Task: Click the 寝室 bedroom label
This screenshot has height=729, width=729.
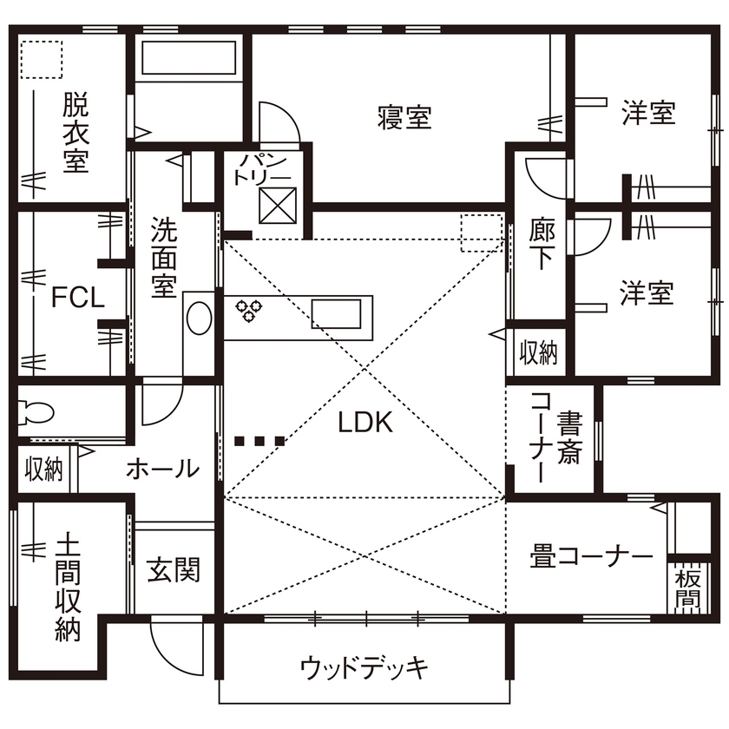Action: coord(404,117)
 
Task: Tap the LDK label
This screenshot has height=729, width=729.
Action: coord(365,423)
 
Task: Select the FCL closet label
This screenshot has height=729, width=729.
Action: coord(78,299)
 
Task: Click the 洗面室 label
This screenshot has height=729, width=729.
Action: coord(163,257)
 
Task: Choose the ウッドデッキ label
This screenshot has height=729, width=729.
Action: coord(364,667)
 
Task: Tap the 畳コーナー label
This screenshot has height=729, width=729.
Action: coord(591,556)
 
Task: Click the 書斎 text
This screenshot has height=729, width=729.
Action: coord(569,438)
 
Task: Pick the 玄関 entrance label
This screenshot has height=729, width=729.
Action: coord(174,569)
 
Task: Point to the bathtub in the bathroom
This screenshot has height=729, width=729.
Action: coord(187,58)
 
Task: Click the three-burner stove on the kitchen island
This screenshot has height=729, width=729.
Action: coord(252,310)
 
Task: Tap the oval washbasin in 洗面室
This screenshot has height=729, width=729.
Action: coord(199,318)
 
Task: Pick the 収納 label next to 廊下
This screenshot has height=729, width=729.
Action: coord(537,352)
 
